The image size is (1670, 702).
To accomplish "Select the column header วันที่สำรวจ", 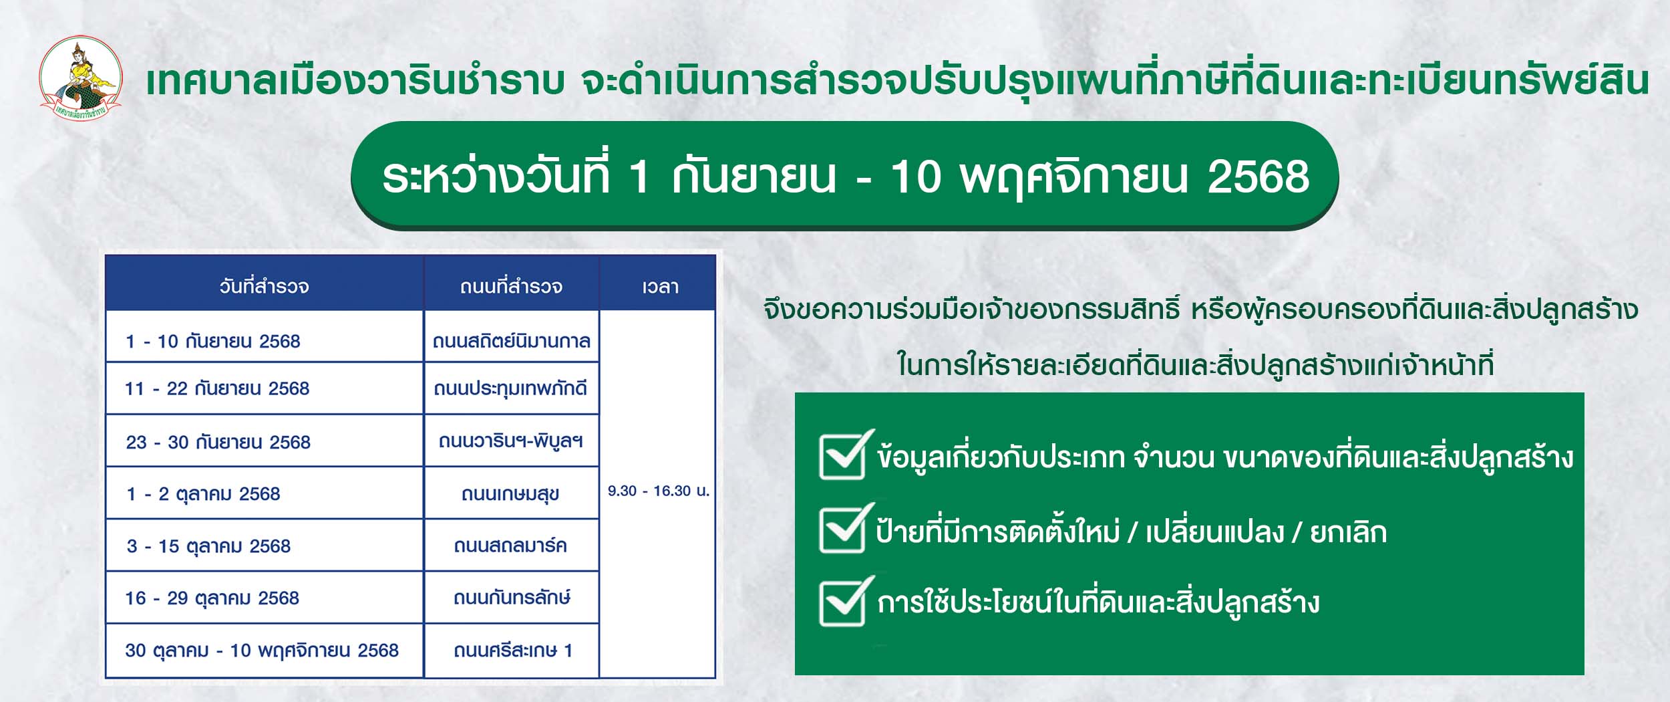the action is coord(265,287).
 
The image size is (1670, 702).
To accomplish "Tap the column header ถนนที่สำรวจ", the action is coord(512,287).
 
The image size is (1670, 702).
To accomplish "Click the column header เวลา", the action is coord(660,287).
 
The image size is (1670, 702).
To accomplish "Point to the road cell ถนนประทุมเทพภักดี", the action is coord(511,388).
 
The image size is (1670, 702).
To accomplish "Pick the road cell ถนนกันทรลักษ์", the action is coord(512,598).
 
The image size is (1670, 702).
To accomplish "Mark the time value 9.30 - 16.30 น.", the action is coord(659,491).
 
